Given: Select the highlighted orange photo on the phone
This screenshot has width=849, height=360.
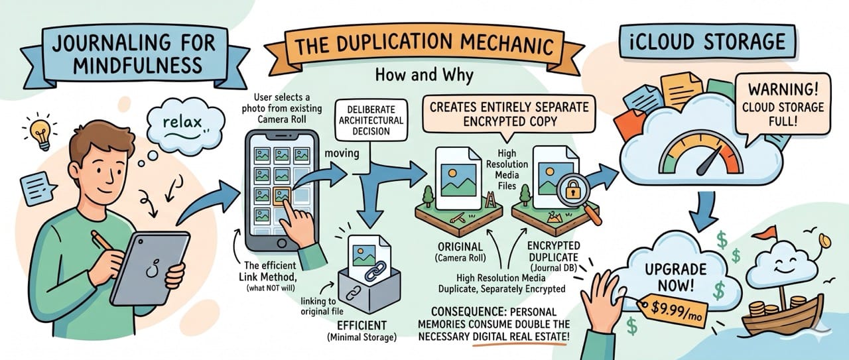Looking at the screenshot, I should [x=281, y=195].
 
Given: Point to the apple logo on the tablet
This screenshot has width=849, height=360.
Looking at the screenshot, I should [x=151, y=268].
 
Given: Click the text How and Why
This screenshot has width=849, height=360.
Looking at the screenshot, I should [x=424, y=75].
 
